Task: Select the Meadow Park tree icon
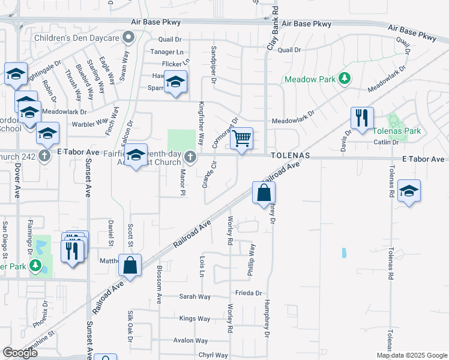pyautogui.click(x=345, y=79)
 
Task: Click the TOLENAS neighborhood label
pyautogui.click(x=290, y=155)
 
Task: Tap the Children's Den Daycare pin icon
pyautogui.click(x=128, y=38)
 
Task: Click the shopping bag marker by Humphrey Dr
pyautogui.click(x=264, y=193)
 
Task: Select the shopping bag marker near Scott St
pyautogui.click(x=129, y=264)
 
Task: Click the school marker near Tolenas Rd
pyautogui.click(x=409, y=191)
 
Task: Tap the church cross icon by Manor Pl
pyautogui.click(x=190, y=157)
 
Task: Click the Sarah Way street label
pyautogui.click(x=195, y=296)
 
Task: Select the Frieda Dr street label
pyautogui.click(x=249, y=293)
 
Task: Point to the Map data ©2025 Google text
pyautogui.click(x=411, y=355)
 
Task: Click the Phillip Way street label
pyautogui.click(x=252, y=260)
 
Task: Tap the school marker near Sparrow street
pyautogui.click(x=176, y=83)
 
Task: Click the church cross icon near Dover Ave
pyautogui.click(x=44, y=156)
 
